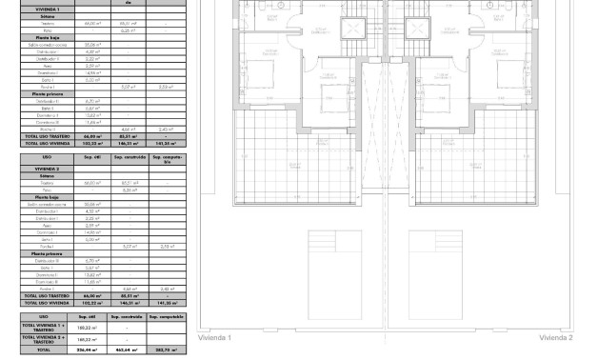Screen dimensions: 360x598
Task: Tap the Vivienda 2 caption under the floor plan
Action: tap(555, 337)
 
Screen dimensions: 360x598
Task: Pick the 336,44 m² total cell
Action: tap(85, 350)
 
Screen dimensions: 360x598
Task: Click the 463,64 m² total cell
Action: tap(125, 350)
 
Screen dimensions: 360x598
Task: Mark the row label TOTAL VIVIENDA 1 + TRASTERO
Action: tap(44, 327)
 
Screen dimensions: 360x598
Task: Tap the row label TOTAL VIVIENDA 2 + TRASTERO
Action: tap(44, 339)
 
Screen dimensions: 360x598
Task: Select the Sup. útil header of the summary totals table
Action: tap(85, 316)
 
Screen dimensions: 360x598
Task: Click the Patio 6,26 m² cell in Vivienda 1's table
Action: tap(125, 30)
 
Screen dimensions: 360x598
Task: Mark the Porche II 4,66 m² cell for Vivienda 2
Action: tap(125, 289)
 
